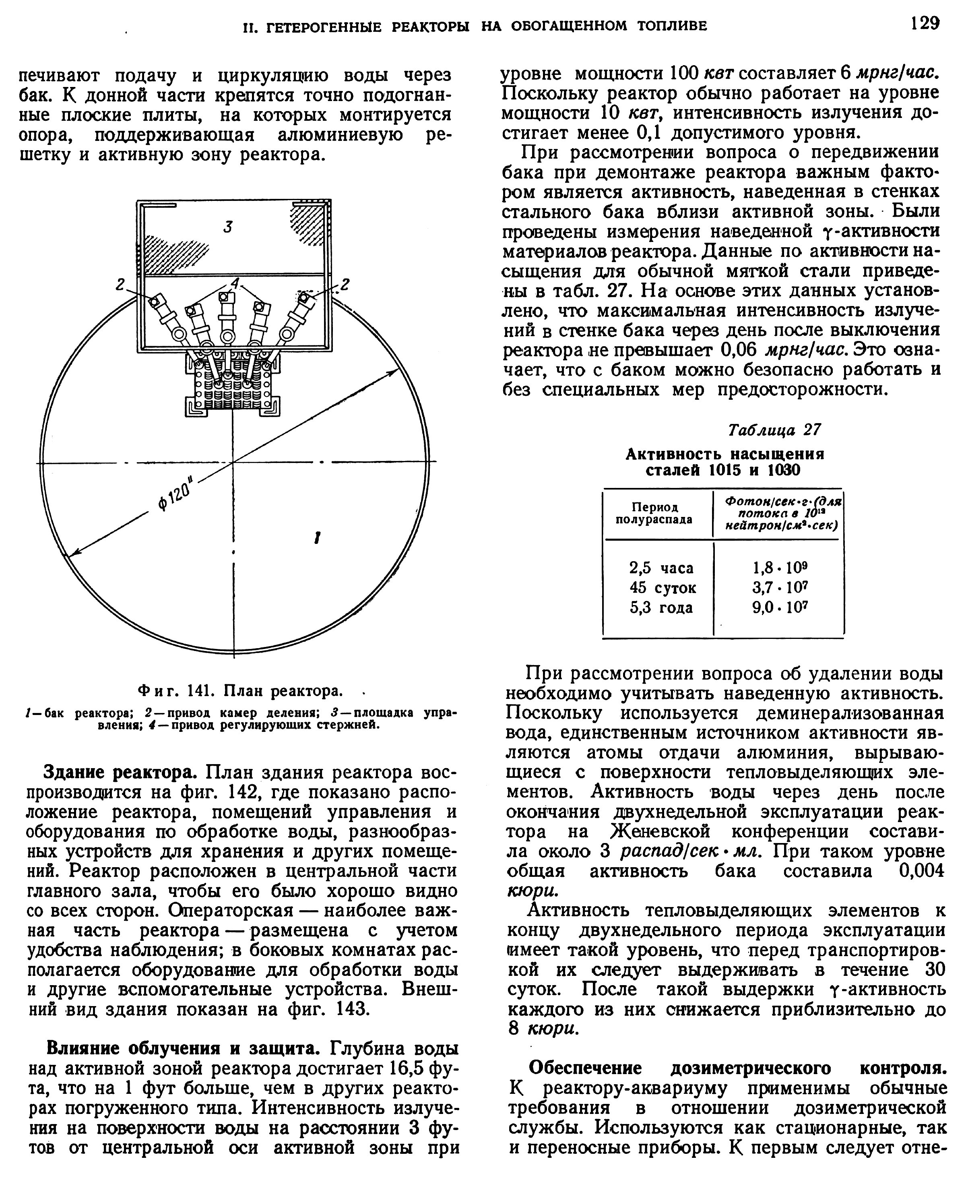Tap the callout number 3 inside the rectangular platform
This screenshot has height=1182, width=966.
pos(227,227)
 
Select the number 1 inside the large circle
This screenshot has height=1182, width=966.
pos(317,537)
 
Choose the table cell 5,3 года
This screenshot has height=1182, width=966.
pos(661,607)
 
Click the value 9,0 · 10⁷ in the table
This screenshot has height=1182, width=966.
pos(779,607)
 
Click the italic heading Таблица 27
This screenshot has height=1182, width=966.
pos(774,430)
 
